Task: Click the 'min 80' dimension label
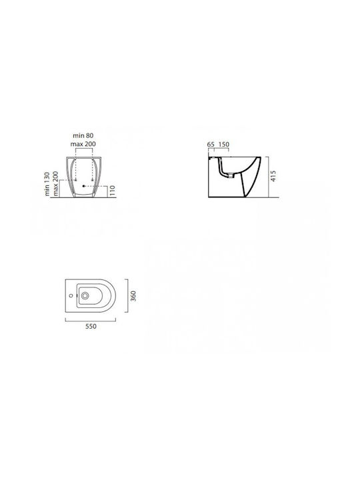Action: click(x=83, y=135)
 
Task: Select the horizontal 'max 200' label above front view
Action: click(x=83, y=144)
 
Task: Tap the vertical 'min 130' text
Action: click(x=47, y=184)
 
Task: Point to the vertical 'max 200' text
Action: click(x=55, y=183)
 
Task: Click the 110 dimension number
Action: click(x=112, y=191)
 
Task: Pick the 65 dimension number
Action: click(x=211, y=144)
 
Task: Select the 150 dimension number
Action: click(x=224, y=144)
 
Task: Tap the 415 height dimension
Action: click(x=273, y=176)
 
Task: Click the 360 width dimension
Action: click(x=133, y=296)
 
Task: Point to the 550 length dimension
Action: click(x=91, y=326)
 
